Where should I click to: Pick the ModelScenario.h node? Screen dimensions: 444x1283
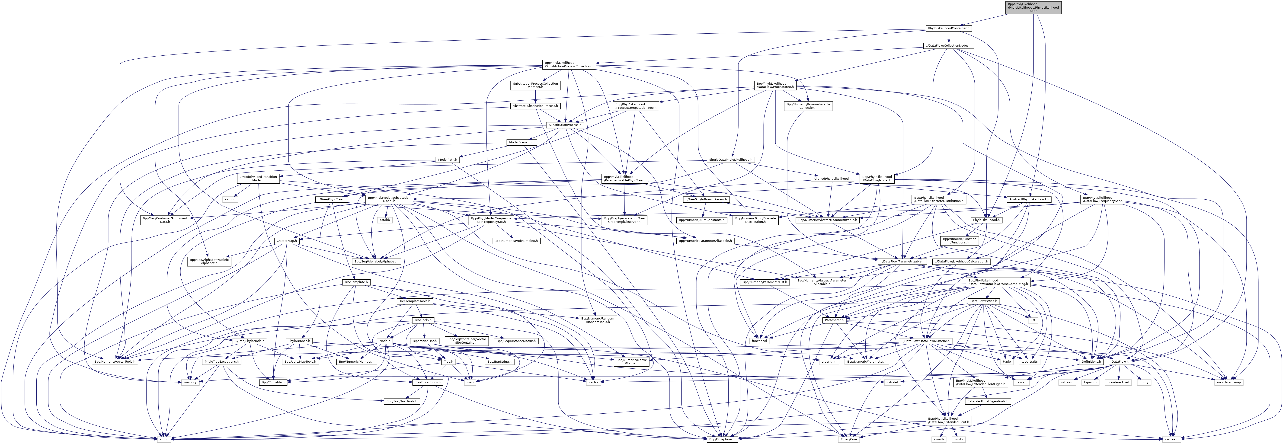tap(522, 142)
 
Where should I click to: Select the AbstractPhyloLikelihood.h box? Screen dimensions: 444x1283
tap(1028, 199)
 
